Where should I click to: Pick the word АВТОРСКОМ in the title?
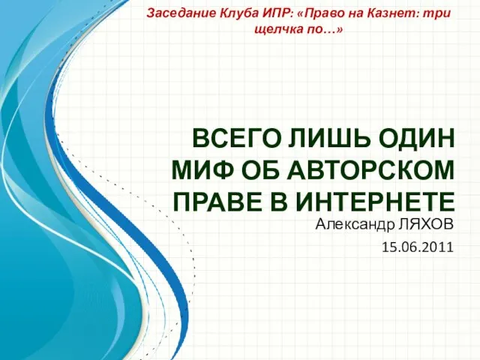point(370,170)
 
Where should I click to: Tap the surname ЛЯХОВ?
point(425,225)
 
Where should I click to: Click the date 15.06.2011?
point(418,247)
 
